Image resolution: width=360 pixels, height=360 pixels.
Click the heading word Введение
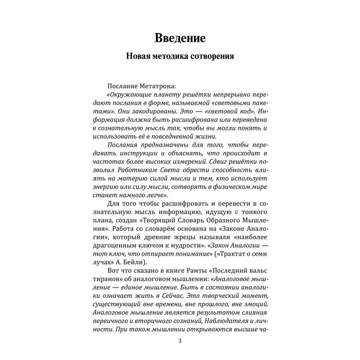click(180, 38)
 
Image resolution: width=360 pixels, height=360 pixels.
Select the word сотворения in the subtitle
click(223, 58)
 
